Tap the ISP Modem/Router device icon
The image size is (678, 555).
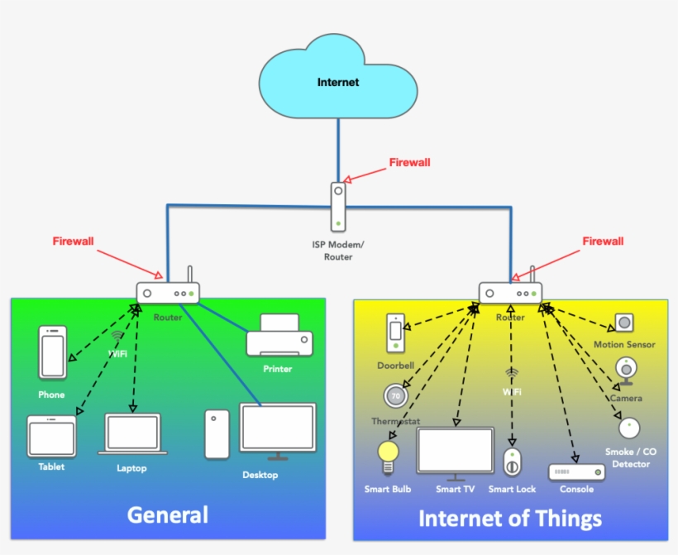(x=338, y=207)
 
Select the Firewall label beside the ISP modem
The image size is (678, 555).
(x=409, y=163)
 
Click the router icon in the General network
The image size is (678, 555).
(x=169, y=292)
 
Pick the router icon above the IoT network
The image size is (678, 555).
(x=510, y=292)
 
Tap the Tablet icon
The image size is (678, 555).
(x=51, y=436)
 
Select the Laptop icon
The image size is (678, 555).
(x=132, y=433)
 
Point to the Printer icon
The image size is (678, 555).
(x=279, y=337)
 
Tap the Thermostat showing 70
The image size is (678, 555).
(x=396, y=396)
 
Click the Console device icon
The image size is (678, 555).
(x=576, y=471)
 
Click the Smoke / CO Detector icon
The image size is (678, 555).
(x=629, y=428)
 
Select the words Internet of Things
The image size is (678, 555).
(x=510, y=519)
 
